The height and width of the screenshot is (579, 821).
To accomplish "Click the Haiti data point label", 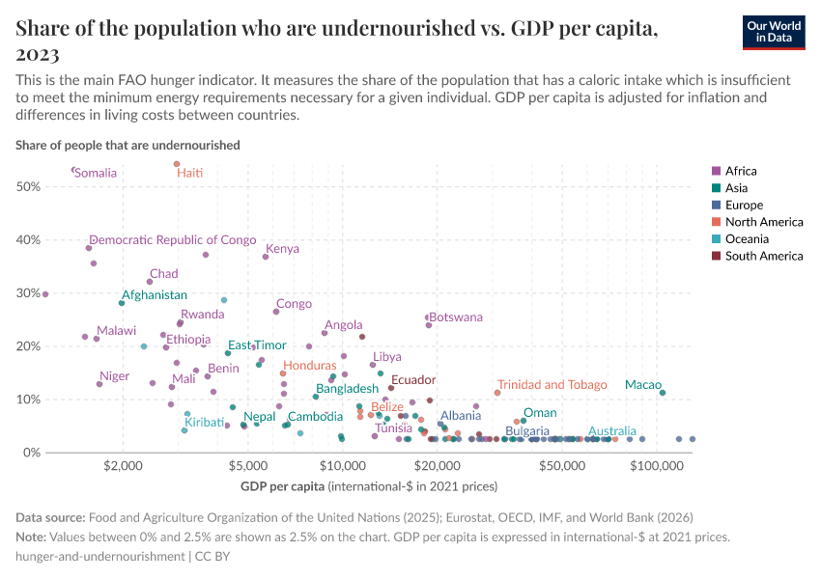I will pos(189,173).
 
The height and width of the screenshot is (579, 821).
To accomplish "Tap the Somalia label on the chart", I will pos(96,173).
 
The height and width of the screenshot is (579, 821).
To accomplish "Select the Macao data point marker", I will pos(663,393).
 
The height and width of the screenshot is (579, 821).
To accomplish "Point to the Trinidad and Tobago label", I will pos(552,385).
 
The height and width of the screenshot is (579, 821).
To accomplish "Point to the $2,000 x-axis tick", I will pos(122,467).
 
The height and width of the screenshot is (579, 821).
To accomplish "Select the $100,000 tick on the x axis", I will pos(657,467).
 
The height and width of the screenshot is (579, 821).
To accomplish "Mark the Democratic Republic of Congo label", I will pos(172,240).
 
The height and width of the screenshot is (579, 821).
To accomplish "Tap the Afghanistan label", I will pos(155,295).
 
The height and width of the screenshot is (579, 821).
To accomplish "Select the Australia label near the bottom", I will pos(612,431).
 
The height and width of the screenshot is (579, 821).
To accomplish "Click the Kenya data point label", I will pos(282,249).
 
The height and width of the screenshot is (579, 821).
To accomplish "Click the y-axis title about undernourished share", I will pos(127,145).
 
